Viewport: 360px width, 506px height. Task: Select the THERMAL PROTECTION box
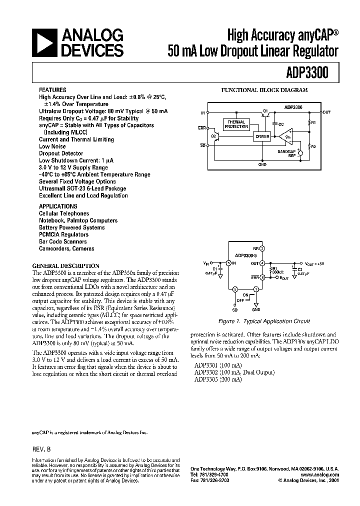coord(236,124)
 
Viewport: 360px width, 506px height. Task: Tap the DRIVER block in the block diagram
coord(262,136)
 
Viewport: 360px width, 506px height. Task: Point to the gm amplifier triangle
coord(286,135)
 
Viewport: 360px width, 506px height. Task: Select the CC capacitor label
coord(281,123)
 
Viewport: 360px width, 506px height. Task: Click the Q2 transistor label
coord(213,135)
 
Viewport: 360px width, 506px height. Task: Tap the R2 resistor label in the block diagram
coord(313,147)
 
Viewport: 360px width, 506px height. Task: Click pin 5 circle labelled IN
coord(228,263)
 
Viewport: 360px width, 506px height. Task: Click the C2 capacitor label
coord(300,269)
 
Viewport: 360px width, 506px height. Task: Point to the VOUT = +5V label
coord(315,263)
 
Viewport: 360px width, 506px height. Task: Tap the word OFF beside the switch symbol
coord(240,300)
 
